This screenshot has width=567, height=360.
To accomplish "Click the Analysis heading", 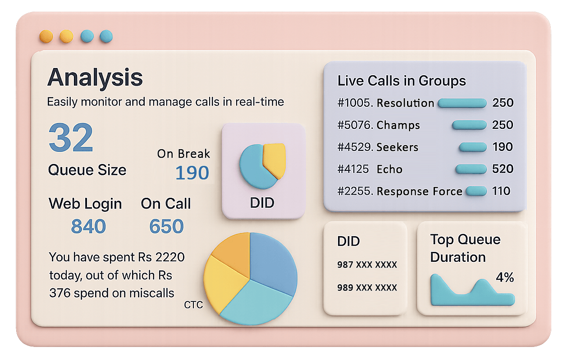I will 95,77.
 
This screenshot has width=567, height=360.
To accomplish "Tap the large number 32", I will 71,138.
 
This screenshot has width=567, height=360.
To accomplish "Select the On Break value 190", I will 192,173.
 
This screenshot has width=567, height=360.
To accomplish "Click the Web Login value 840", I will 88,226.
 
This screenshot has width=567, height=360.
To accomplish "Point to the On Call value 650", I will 166,226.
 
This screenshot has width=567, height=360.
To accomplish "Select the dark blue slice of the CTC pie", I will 273,261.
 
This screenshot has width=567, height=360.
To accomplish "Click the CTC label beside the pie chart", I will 193,305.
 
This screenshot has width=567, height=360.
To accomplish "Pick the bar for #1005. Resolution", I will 462,103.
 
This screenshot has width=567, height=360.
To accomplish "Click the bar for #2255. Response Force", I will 476,191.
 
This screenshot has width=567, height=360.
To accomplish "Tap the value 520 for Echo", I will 503,169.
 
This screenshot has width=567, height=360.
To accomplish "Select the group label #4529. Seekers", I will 378,147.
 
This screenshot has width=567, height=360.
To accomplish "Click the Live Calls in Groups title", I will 402,81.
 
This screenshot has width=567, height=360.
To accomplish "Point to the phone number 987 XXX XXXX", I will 367,264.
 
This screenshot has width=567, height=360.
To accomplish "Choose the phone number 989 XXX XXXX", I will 367,287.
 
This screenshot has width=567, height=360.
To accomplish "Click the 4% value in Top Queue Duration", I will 505,278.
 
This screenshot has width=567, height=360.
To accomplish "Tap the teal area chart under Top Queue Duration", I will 469,295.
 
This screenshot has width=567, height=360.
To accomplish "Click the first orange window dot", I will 46,36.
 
